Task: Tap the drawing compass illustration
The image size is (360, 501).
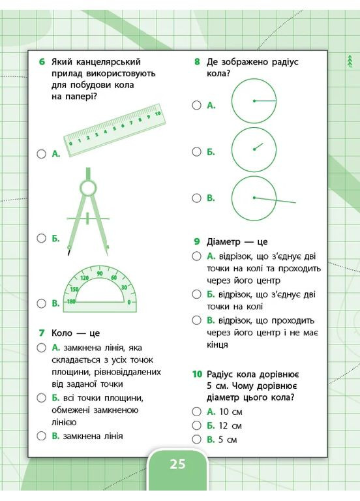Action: tap(87, 209)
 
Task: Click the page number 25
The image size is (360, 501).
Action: tap(178, 464)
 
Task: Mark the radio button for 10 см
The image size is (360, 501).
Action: tap(196, 412)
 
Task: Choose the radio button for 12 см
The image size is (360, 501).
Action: tap(196, 425)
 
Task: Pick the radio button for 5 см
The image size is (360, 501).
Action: tap(196, 440)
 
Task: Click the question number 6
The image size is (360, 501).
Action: tap(41, 62)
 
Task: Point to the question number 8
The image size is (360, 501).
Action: tap(197, 62)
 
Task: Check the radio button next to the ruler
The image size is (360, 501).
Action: tap(41, 154)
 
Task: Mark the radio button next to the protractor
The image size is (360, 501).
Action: tap(41, 303)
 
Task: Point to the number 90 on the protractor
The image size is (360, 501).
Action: tap(100, 274)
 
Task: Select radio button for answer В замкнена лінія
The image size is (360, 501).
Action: tap(41, 436)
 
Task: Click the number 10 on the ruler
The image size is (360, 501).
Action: tap(157, 113)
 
